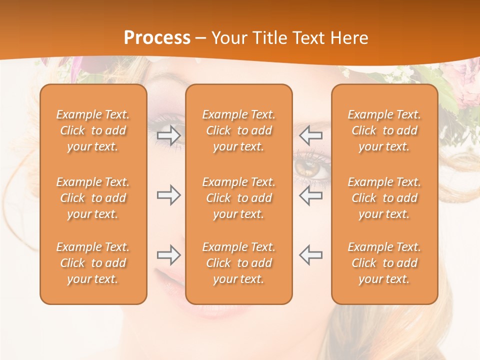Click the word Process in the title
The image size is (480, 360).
pos(157,38)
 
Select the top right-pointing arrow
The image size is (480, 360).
pos(168,135)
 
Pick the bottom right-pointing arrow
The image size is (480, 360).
pos(168,255)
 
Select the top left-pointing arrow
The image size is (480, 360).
pos(310,135)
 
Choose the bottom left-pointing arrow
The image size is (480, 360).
pos(310,255)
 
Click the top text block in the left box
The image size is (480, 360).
pos(93,130)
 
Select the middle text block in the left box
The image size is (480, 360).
pos(93,198)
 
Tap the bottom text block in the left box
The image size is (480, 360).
pos(93,263)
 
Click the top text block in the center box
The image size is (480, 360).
pos(238,130)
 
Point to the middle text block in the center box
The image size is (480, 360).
pos(238,198)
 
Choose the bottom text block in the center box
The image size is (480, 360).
pos(238,263)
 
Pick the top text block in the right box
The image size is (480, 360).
pos(384,130)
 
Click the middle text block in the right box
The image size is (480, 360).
pos(384,198)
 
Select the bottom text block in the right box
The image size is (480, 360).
pos(384,263)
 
